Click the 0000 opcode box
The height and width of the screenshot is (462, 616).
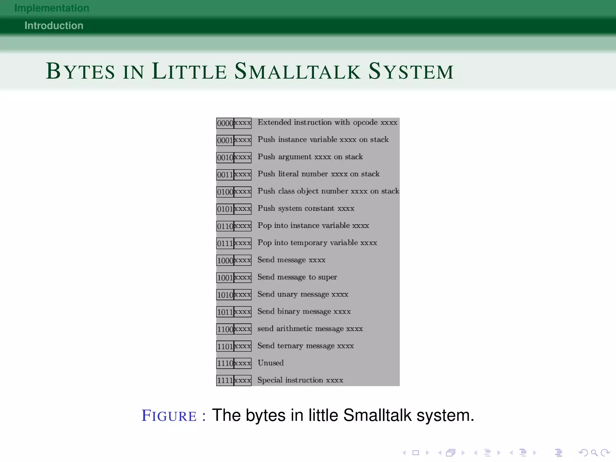[x=225, y=123]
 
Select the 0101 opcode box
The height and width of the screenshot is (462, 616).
[x=225, y=209]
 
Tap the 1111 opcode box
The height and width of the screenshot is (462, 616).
[x=225, y=380]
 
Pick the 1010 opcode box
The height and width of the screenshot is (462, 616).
[x=225, y=295]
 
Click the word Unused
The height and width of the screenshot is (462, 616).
[x=270, y=363]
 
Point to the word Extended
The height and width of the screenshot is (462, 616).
[x=274, y=122]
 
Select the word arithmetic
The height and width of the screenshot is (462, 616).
[x=294, y=329]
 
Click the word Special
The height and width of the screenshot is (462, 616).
[x=270, y=380]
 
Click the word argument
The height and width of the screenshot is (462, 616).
[x=295, y=157]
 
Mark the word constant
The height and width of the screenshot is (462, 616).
[x=319, y=208]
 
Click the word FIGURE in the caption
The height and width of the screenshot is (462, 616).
[x=169, y=416]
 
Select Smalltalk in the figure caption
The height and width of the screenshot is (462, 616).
[x=377, y=416]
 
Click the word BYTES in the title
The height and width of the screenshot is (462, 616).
[x=80, y=72]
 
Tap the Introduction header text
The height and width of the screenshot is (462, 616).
[x=54, y=26]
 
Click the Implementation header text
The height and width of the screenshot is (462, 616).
[x=52, y=8]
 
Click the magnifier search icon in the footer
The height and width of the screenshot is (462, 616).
[x=594, y=453]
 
